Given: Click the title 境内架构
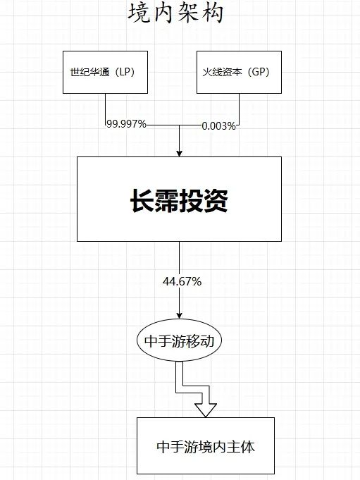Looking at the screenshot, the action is [176, 14].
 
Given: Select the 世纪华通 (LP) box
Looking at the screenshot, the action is [105, 72].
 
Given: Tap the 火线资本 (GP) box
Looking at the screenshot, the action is [239, 72].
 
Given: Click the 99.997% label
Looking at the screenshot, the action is [126, 124].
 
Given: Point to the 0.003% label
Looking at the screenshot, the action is [218, 126].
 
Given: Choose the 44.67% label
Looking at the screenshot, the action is [182, 281].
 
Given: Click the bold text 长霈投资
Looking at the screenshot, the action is [179, 200].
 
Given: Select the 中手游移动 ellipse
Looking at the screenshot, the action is [179, 340].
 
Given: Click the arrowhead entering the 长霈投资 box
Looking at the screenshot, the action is [179, 154].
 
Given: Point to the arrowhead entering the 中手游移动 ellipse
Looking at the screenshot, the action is [179, 315].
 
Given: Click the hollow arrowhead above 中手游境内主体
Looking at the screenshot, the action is [206, 410].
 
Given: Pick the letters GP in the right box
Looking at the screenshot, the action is [259, 72].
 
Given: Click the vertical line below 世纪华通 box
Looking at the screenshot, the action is [106, 109].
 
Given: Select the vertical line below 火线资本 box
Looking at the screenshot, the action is [240, 109].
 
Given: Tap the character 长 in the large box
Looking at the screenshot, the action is [142, 200].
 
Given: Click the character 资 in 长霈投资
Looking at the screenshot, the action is [216, 200].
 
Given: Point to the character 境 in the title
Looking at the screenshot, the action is [139, 14].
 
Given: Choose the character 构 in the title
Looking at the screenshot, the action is [213, 14].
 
